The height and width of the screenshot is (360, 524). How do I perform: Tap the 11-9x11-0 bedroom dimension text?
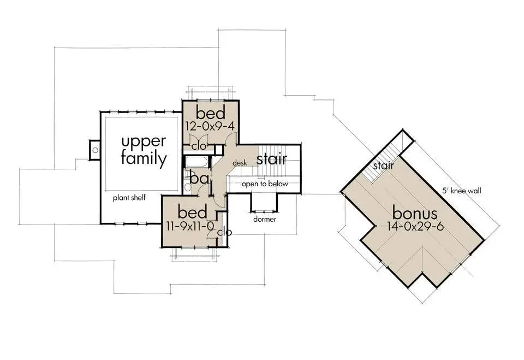click(189, 227)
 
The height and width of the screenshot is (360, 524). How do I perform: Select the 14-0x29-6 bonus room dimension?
click(415, 227)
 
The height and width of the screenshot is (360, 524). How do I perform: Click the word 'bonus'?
click(415, 213)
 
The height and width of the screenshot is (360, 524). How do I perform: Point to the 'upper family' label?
click(144, 150)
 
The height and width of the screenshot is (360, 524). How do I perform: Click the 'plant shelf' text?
click(129, 197)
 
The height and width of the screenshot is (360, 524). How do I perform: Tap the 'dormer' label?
click(265, 219)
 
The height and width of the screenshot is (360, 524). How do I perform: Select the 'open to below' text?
click(265, 184)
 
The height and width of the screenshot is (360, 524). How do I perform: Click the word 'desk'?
click(240, 163)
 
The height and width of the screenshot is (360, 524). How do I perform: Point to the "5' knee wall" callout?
click(462, 191)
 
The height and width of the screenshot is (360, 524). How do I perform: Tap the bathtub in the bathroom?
click(197, 162)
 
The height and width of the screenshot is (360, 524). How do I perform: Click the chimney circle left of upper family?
click(95, 150)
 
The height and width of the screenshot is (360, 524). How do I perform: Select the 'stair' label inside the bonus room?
click(383, 166)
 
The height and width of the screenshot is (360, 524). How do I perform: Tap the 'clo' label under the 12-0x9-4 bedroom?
click(199, 146)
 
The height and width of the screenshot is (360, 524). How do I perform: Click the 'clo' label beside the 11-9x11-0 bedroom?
click(224, 232)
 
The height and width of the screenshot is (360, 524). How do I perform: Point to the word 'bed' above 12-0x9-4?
click(211, 113)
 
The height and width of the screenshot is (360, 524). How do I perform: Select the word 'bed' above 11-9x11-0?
click(192, 212)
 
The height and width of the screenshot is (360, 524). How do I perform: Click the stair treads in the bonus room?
click(384, 160)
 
